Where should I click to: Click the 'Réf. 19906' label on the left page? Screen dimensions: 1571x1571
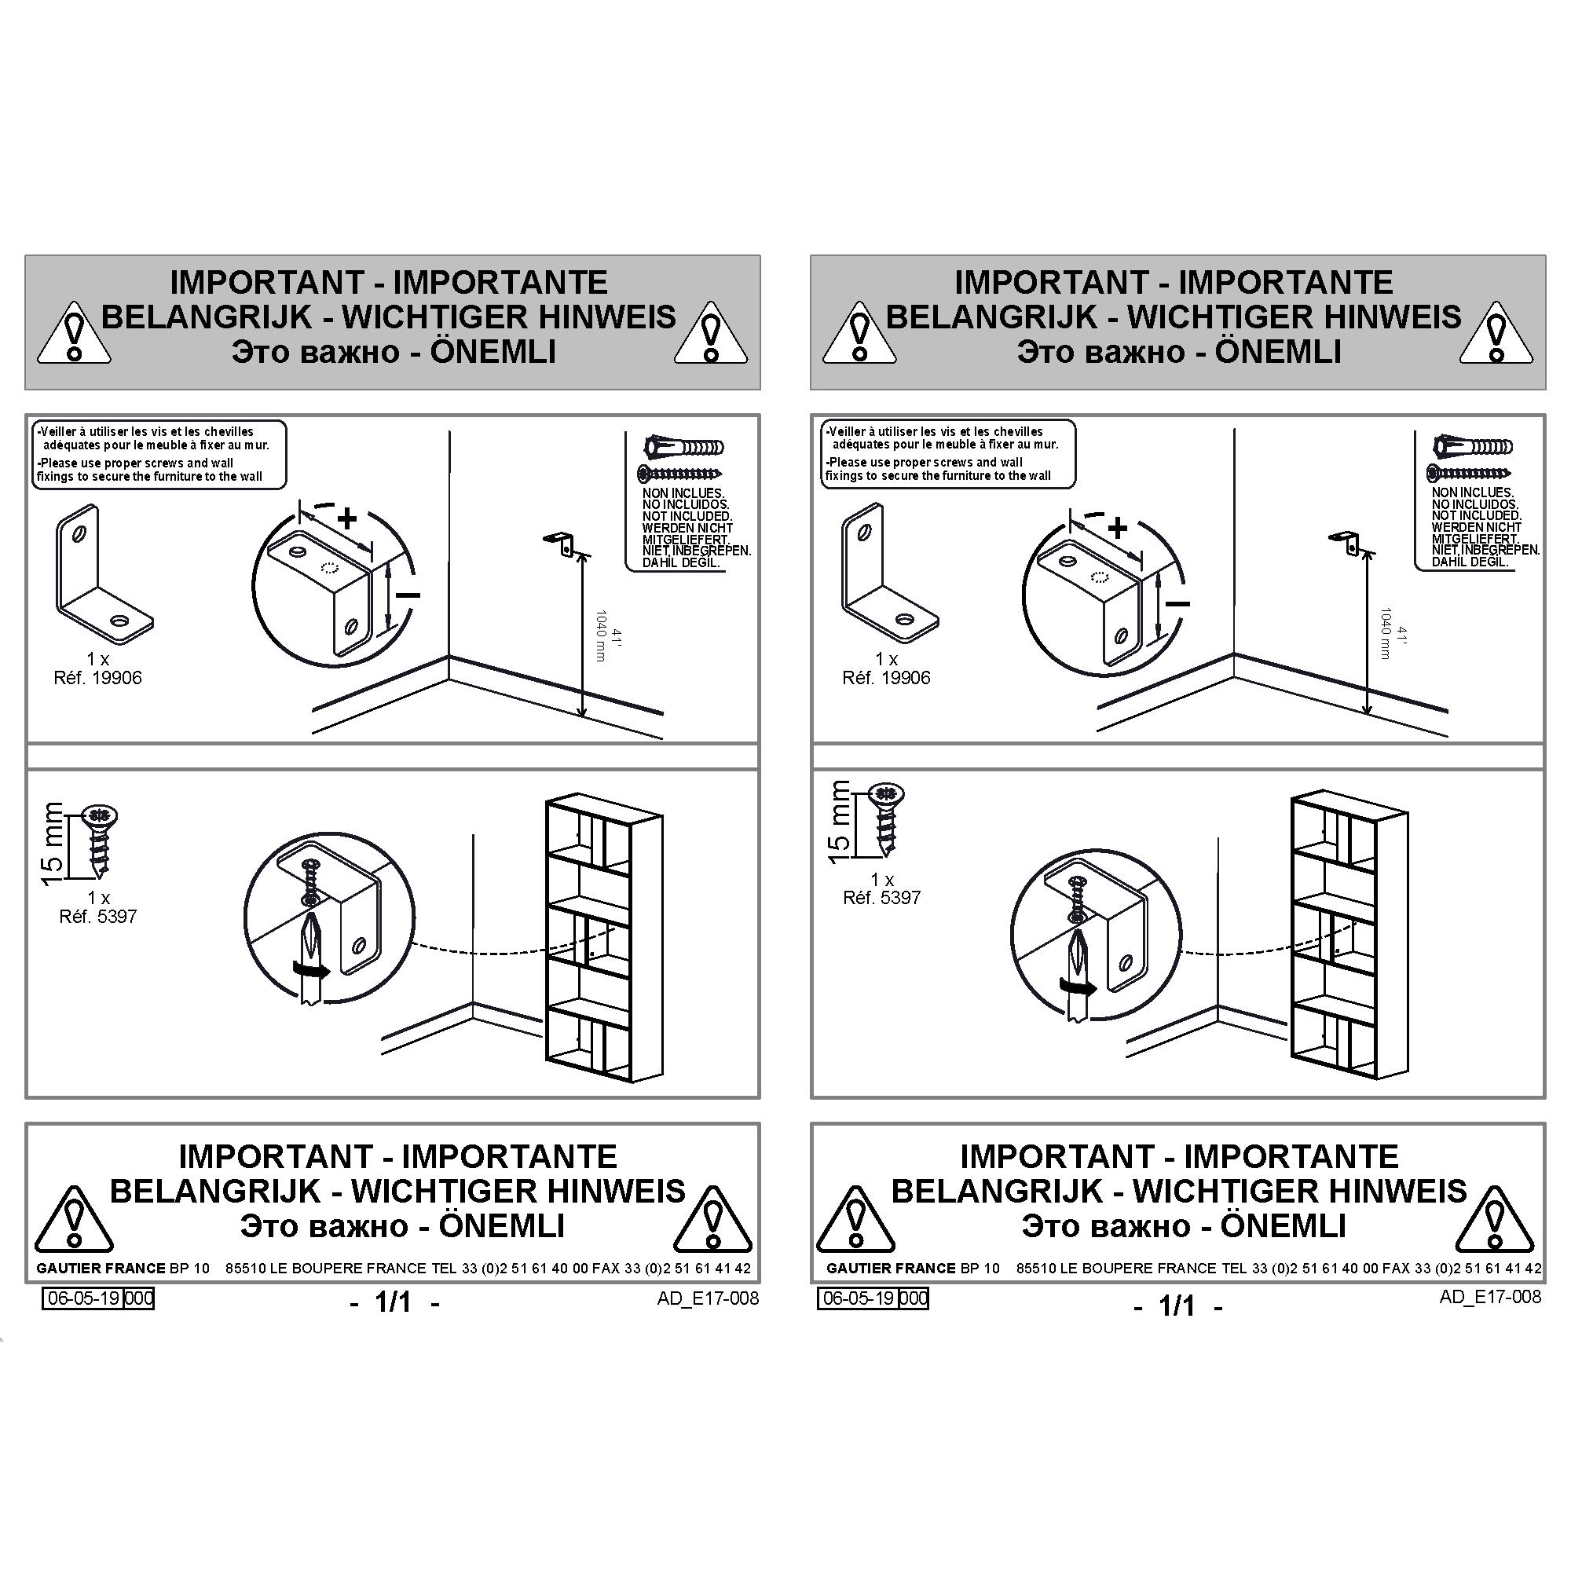[x=97, y=677]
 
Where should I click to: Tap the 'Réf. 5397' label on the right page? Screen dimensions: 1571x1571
[x=881, y=898]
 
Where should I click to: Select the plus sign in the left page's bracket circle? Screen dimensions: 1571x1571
[x=347, y=518]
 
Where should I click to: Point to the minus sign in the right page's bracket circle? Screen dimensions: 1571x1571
[x=1177, y=603]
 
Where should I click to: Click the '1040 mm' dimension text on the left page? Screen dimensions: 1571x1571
[x=601, y=636]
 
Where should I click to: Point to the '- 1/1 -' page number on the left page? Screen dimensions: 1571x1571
[x=394, y=1302]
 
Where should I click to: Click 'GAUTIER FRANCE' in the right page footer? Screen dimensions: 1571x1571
[x=891, y=1268]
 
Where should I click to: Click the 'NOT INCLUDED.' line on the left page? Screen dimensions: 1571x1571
[x=687, y=516]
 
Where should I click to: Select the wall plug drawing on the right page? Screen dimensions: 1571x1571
[x=1473, y=445]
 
